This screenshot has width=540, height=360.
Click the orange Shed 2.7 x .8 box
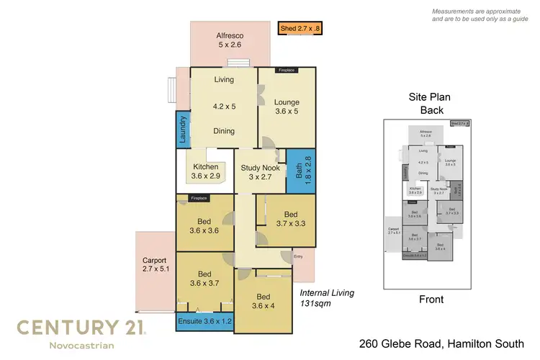301,30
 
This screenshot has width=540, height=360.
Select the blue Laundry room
183,130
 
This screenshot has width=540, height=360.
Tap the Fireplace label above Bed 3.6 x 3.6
199,198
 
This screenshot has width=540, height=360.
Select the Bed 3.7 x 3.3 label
290,219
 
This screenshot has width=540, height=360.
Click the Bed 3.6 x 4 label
263,302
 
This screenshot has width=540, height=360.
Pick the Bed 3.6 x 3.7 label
204,278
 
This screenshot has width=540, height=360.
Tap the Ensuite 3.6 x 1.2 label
204,320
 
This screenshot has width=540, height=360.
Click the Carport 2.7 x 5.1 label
155,265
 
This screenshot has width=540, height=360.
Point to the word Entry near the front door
298,256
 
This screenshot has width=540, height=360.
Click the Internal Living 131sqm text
327,298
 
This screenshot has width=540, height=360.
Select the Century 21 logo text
82,328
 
